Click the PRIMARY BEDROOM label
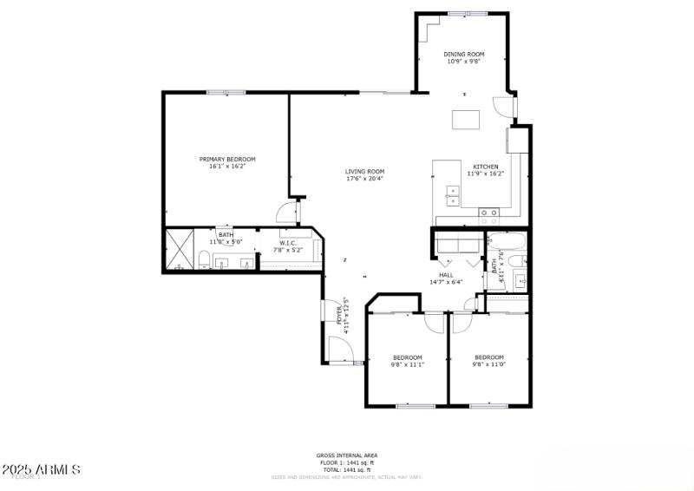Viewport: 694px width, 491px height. tap(227, 159)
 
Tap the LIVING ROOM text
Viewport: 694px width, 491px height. tap(364, 172)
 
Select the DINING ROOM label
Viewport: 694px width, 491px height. tap(464, 54)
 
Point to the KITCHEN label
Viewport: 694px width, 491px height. tap(485, 167)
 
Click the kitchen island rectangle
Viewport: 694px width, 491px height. tap(466, 120)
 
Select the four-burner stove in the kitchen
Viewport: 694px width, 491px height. tap(488, 211)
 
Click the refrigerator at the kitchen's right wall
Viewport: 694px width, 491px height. tap(519, 140)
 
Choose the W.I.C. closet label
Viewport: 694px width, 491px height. tap(288, 243)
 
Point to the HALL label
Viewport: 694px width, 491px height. tap(446, 275)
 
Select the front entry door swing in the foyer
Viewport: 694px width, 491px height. tap(341, 350)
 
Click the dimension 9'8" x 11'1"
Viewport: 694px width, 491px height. tap(408, 364)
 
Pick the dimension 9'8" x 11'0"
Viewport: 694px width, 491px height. tap(488, 364)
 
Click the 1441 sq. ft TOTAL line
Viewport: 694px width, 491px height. tap(347, 469)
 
